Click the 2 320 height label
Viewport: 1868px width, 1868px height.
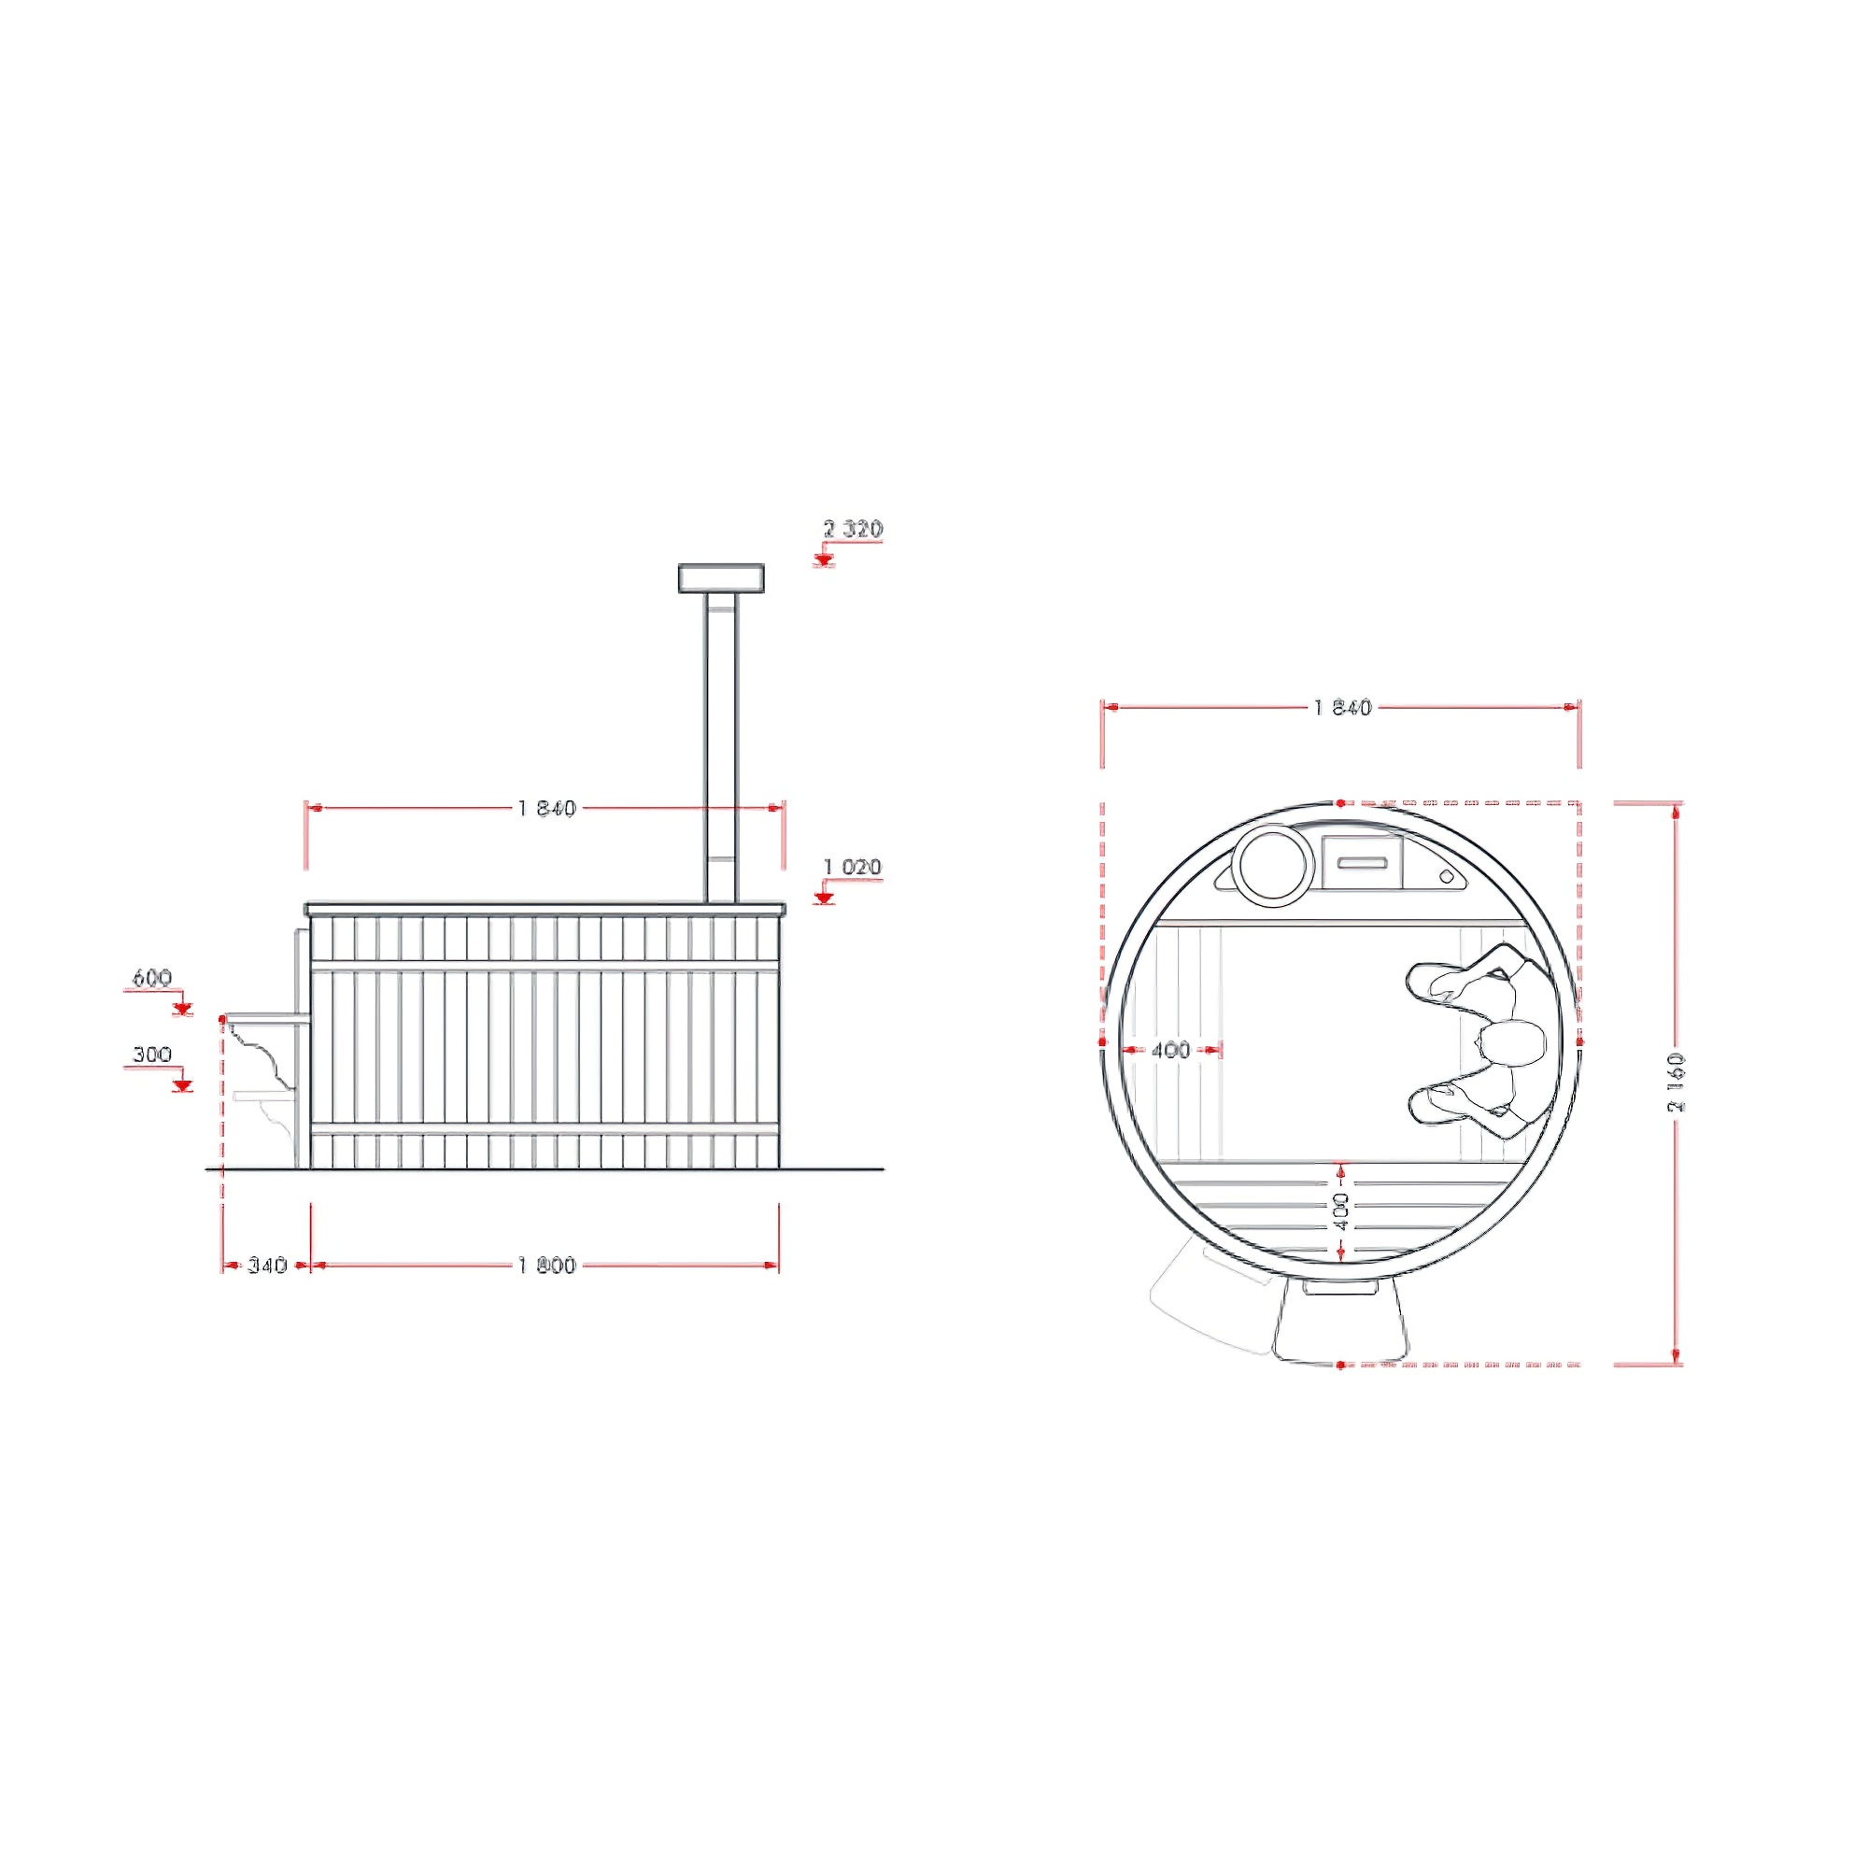pos(853,529)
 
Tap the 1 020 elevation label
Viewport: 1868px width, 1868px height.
pos(853,867)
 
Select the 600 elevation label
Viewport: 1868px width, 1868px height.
pos(152,978)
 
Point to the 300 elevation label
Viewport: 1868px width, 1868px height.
pos(152,1054)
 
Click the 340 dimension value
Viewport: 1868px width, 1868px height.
pos(267,1265)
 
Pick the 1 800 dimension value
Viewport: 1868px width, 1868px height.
pos(547,1265)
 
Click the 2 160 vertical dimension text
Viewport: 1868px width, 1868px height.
pos(1676,1082)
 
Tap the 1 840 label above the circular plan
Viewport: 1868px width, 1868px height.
pos(1343,708)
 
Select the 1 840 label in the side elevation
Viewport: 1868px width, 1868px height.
pos(547,808)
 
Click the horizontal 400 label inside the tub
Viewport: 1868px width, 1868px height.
pos(1171,1050)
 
